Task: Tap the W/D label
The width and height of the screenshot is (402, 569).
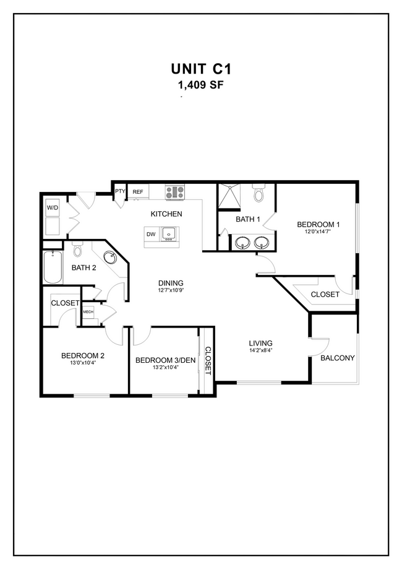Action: (x=52, y=208)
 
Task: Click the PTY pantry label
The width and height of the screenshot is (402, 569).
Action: (x=120, y=192)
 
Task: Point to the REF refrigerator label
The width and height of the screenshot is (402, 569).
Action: (x=137, y=192)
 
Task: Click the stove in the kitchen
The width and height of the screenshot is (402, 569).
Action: (x=175, y=193)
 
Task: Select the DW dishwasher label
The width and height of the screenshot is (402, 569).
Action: (x=151, y=234)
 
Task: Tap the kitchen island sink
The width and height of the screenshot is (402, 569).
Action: (x=169, y=233)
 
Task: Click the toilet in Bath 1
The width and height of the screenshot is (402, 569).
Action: (x=259, y=194)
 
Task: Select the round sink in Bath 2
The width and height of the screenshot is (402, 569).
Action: (x=111, y=257)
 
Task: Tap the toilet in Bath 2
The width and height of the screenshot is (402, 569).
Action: (x=77, y=250)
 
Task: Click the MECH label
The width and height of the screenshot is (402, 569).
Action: (x=88, y=311)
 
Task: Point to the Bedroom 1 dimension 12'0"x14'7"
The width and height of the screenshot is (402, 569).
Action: (x=319, y=232)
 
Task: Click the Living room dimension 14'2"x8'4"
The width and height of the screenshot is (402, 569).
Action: (x=260, y=351)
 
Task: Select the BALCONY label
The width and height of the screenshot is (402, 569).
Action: (x=337, y=358)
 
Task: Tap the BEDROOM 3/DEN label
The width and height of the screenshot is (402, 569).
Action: (x=165, y=360)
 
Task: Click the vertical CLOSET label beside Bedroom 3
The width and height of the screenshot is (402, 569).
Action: (x=208, y=361)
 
